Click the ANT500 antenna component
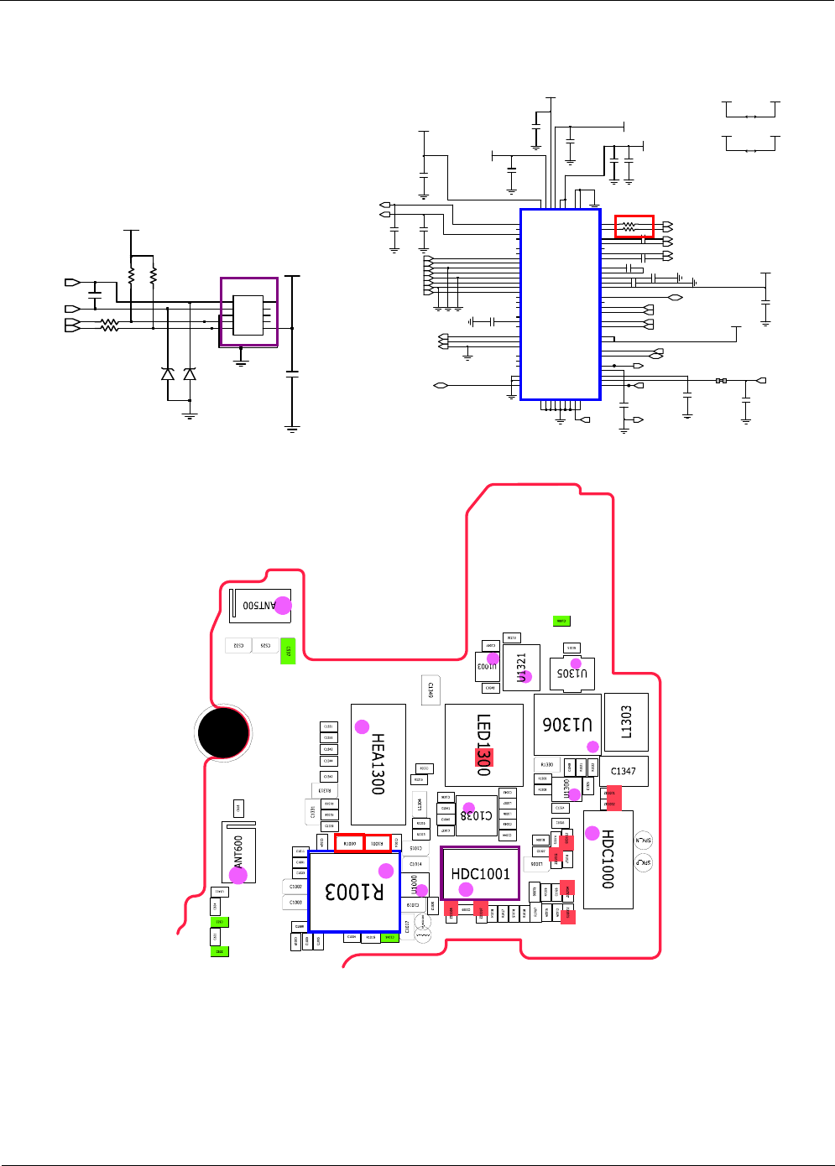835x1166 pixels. tap(260, 605)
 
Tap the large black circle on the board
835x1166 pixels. tap(223, 733)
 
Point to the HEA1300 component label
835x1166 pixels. tap(378, 763)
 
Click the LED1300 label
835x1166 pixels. tap(483, 744)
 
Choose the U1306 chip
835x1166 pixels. tap(567, 724)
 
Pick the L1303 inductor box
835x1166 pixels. tap(626, 721)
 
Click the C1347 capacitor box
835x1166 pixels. tap(624, 771)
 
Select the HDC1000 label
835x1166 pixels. tap(608, 859)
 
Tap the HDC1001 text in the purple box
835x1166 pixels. tap(480, 874)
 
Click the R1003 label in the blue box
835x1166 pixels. tap(354, 892)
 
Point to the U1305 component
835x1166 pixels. tap(572, 673)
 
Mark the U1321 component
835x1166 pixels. tap(521, 667)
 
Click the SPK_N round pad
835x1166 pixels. tap(644, 840)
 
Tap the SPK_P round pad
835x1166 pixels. tap(644, 862)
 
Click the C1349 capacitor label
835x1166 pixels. tap(431, 690)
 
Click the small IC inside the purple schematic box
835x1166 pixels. tap(248, 315)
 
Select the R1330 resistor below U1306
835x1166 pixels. tap(546, 765)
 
